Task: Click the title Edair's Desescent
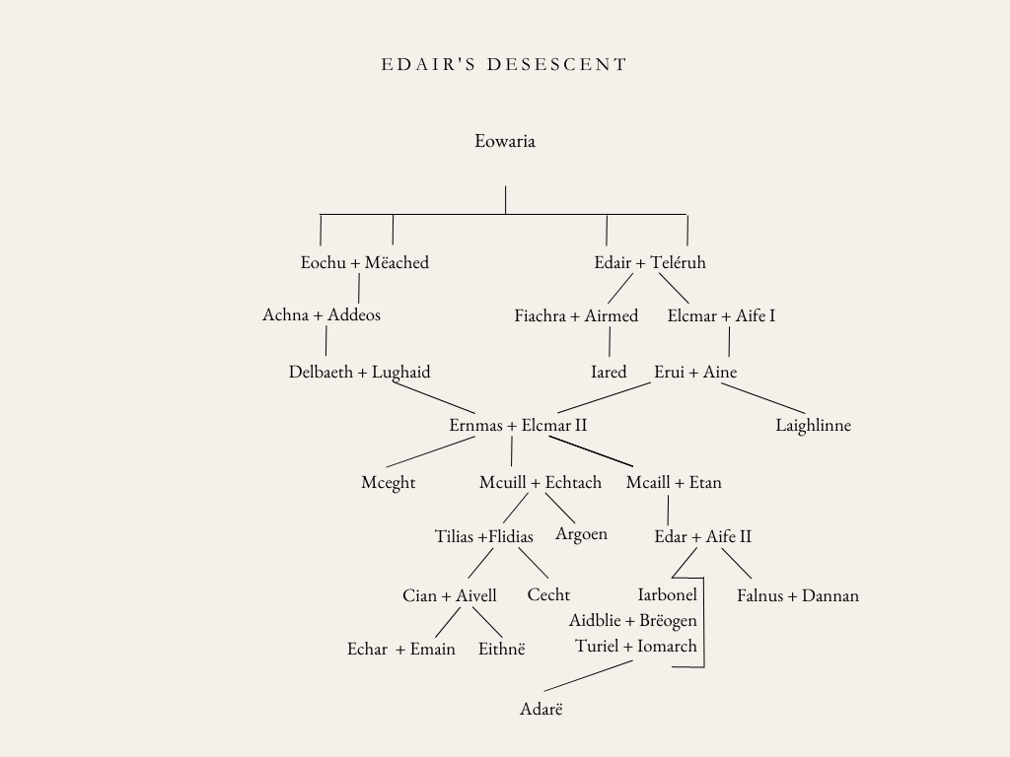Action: click(x=504, y=65)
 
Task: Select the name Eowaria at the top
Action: click(x=505, y=141)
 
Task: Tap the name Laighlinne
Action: click(x=813, y=426)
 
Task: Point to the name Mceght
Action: click(x=389, y=483)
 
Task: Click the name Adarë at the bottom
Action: click(x=541, y=708)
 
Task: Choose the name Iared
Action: click(x=609, y=373)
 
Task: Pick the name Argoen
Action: click(x=581, y=534)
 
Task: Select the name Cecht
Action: click(x=548, y=595)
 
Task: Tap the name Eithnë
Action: click(x=502, y=649)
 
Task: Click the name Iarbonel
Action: click(x=668, y=594)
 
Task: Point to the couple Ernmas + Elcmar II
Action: click(x=519, y=426)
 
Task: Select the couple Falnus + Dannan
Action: click(x=798, y=595)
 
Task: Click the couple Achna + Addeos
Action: click(x=322, y=315)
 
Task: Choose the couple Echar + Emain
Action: click(x=401, y=649)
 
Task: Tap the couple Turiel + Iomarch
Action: click(x=636, y=647)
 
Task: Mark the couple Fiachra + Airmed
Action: click(x=576, y=316)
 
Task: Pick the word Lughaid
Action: click(x=401, y=373)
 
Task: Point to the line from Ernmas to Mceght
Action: click(x=430, y=452)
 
